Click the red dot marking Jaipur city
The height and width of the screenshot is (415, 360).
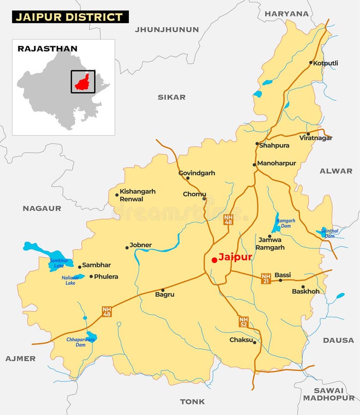click(x=214, y=260)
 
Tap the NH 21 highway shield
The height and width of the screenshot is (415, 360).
click(x=266, y=278)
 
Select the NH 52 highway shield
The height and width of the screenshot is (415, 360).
click(x=244, y=322)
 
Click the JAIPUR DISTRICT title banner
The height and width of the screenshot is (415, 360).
click(x=70, y=17)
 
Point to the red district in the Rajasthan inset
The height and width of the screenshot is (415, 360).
click(x=83, y=82)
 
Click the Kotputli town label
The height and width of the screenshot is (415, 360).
click(x=325, y=63)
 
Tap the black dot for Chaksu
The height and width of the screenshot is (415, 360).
click(x=254, y=342)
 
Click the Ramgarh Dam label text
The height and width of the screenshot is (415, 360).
click(x=286, y=224)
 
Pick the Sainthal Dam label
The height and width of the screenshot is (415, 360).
click(x=330, y=233)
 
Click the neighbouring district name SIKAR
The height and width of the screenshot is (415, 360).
click(x=172, y=97)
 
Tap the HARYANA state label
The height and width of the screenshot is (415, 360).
click(x=287, y=14)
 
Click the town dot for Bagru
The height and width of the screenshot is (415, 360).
click(x=162, y=290)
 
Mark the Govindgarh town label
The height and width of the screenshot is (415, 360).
click(x=197, y=173)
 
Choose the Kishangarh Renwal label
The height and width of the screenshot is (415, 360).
click(x=138, y=195)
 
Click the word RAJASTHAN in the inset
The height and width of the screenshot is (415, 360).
click(x=48, y=48)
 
